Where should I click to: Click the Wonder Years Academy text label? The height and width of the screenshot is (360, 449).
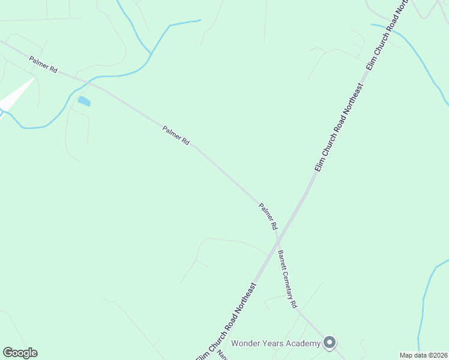tap(276, 343)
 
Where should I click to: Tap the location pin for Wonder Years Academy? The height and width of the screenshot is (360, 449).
tap(329, 343)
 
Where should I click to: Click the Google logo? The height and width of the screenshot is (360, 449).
tap(20, 353)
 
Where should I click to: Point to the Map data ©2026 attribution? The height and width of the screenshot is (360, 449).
tap(423, 355)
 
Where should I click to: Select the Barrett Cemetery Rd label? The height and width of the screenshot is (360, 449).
tap(286, 280)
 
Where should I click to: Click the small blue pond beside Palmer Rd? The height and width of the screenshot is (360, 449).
tap(84, 101)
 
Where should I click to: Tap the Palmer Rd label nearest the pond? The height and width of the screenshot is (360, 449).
tap(43, 64)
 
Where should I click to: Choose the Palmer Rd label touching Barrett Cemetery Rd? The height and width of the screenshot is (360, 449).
tap(268, 217)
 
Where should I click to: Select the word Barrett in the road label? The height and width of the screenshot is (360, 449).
tap(280, 260)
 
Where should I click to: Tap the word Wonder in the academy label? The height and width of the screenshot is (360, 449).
tap(245, 343)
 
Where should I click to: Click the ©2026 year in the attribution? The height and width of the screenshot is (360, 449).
tap(436, 355)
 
